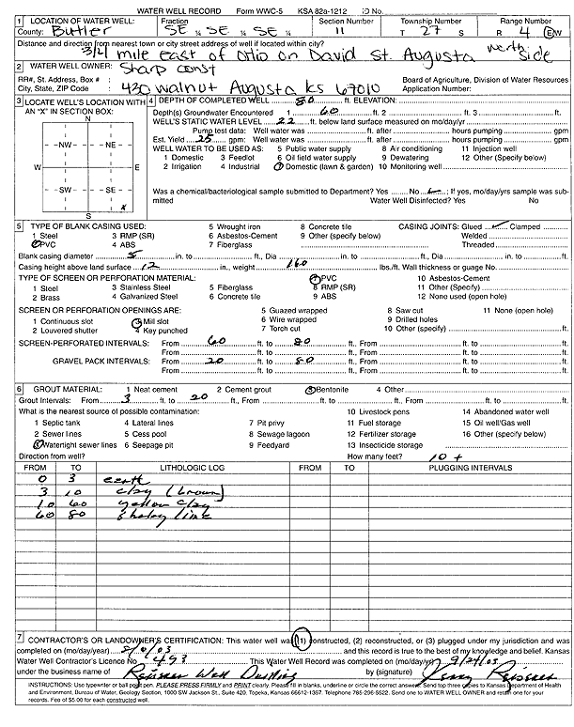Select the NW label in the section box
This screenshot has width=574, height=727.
point(65,147)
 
